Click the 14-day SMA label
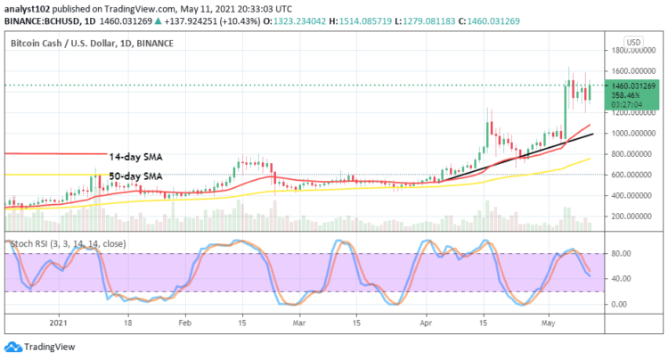pos(136,155)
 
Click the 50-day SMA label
pos(136,175)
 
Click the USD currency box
pos(634,42)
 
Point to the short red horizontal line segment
pos(53,154)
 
